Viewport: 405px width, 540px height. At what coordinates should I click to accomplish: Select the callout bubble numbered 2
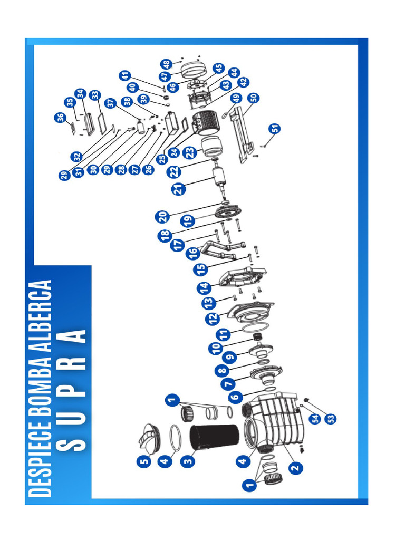(295, 466)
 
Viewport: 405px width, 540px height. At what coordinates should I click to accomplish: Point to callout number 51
(274, 128)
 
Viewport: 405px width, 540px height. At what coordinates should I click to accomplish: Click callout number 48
(167, 64)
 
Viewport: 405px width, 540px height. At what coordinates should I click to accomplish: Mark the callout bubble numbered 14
(205, 288)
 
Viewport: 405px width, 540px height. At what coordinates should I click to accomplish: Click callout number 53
(331, 418)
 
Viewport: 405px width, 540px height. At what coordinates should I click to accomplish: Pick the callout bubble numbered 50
(253, 98)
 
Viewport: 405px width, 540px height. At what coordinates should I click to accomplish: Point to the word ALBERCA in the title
(42, 312)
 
